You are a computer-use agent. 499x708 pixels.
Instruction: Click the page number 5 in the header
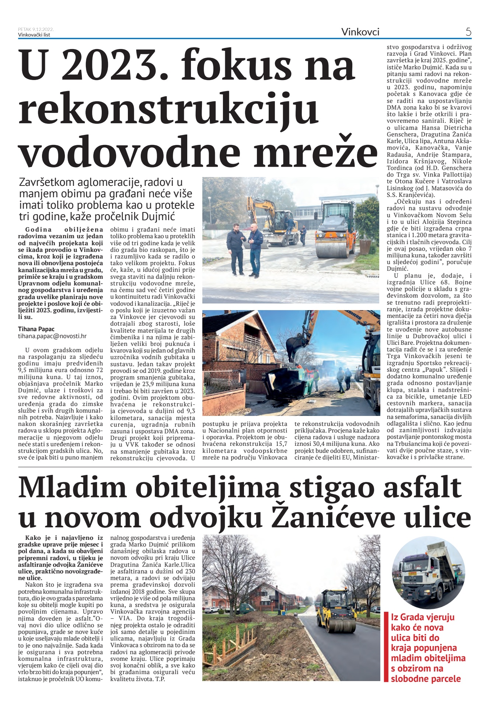(x=468, y=32)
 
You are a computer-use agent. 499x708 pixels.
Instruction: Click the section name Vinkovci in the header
(x=360, y=32)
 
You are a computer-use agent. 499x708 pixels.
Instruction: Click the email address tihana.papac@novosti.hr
(x=52, y=336)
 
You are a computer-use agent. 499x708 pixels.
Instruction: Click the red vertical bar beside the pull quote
(x=386, y=647)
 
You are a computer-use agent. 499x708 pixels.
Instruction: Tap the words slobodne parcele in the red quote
(x=426, y=678)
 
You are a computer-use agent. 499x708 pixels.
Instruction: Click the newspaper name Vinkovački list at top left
(x=34, y=35)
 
